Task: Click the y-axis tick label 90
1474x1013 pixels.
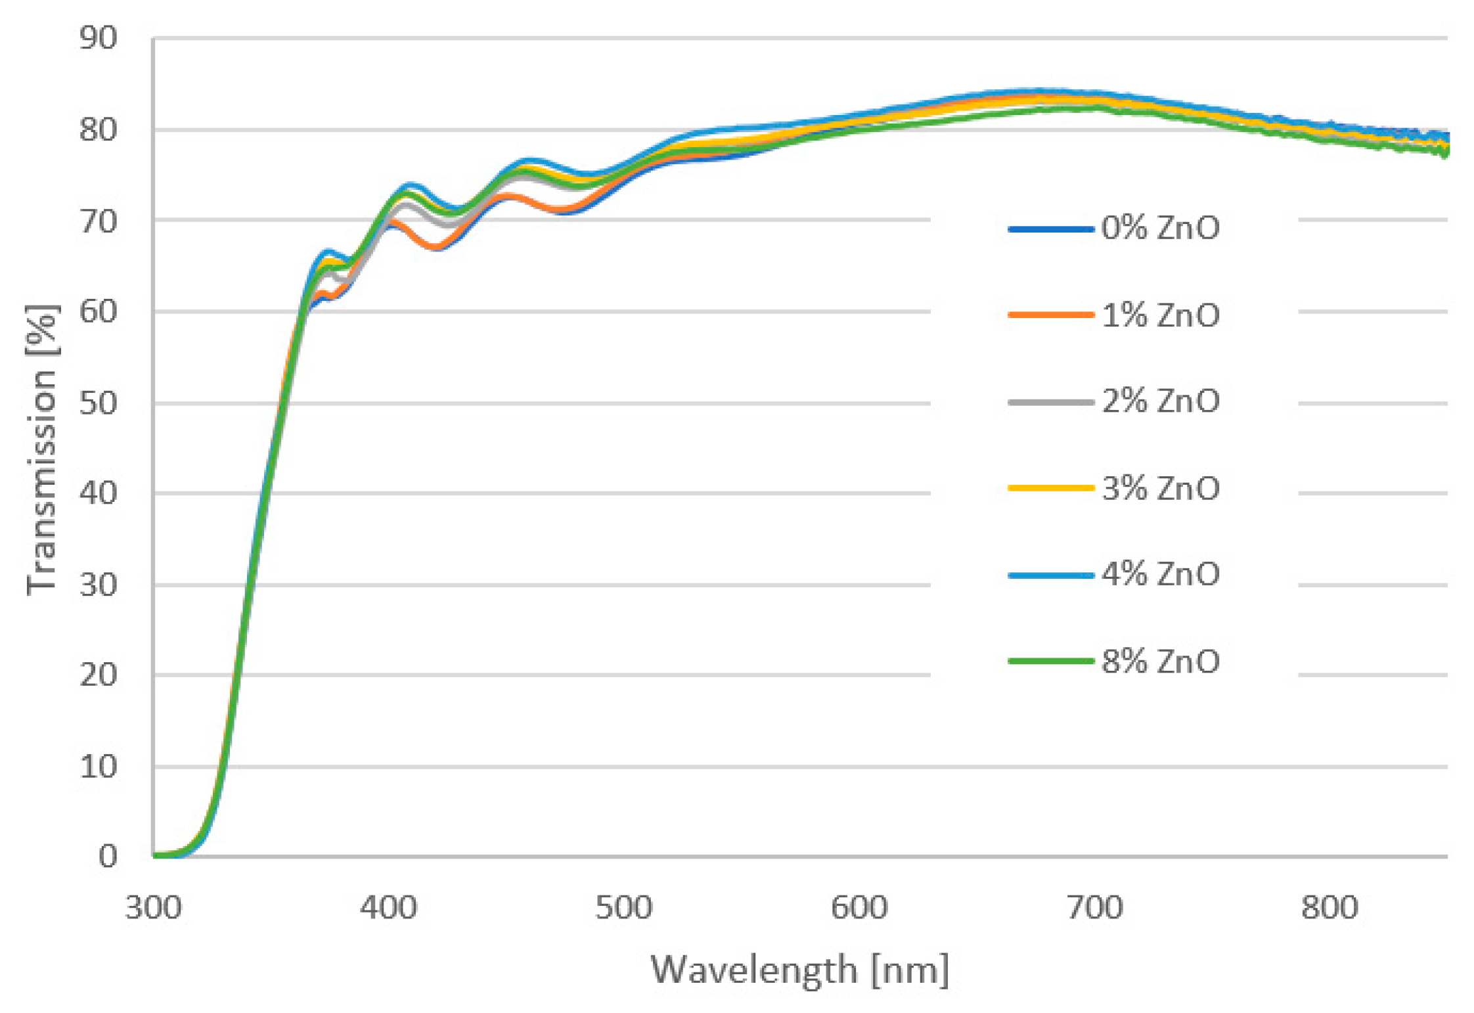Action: tap(98, 39)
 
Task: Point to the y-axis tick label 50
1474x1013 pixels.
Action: tap(98, 403)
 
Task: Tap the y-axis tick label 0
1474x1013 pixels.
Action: tap(108, 857)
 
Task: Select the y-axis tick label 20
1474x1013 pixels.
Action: tap(98, 675)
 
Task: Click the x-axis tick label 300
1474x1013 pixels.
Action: tap(153, 908)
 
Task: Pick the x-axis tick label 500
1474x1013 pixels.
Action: tap(623, 908)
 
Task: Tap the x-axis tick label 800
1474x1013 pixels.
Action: tap(1329, 908)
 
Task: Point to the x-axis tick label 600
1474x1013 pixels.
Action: tap(859, 908)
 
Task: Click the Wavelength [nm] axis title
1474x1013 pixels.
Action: tap(799, 970)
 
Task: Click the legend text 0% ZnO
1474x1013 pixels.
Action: tap(1160, 228)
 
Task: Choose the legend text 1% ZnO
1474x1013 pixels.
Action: tap(1160, 315)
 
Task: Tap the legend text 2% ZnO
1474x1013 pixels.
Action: tap(1160, 401)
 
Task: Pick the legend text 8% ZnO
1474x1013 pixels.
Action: tap(1160, 661)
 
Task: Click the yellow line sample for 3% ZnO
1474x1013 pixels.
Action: tap(1050, 488)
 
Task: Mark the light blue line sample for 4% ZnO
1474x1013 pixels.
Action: tap(1050, 575)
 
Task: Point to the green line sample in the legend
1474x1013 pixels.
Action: tap(1050, 661)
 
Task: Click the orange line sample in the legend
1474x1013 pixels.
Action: tap(1050, 315)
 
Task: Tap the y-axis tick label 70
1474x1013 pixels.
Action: tap(98, 221)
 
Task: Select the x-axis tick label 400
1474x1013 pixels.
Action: tap(388, 908)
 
